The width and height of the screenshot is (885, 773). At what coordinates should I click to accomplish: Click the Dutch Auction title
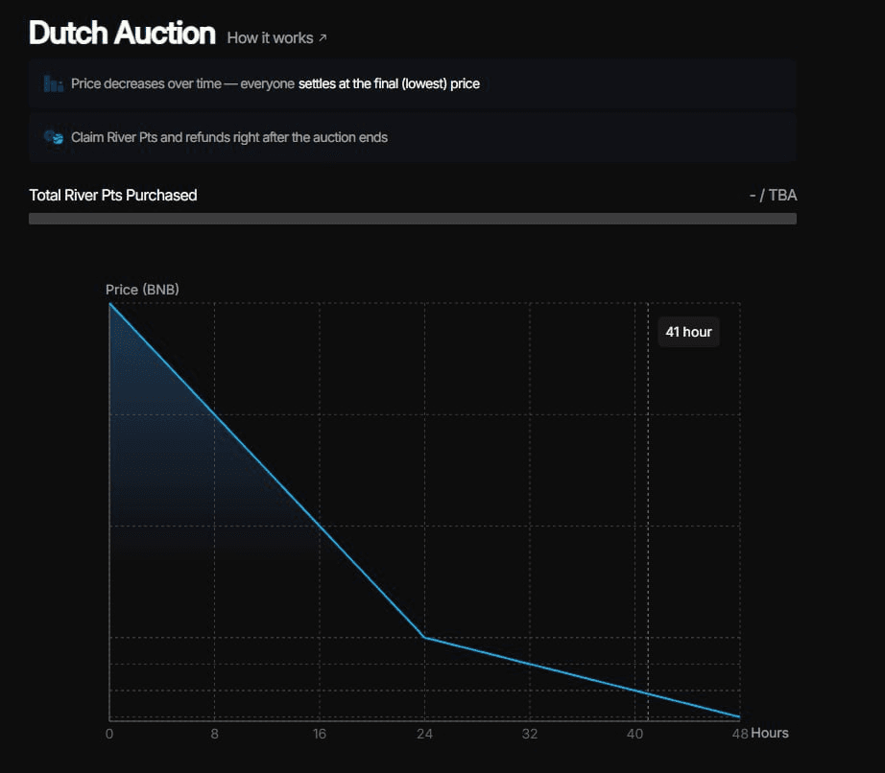click(122, 34)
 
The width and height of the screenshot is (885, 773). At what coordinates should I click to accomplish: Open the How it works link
click(270, 37)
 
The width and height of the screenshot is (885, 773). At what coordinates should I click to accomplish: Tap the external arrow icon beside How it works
click(323, 37)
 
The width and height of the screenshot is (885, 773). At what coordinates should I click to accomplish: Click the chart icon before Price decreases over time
click(53, 84)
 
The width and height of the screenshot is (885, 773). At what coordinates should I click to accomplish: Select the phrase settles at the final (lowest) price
click(389, 83)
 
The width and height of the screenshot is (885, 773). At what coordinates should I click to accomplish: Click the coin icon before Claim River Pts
click(53, 137)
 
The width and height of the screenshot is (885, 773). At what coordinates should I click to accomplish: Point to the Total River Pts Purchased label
click(113, 195)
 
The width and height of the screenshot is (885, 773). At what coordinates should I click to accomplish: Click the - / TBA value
click(773, 195)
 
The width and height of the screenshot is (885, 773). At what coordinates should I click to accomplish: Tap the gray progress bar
click(413, 219)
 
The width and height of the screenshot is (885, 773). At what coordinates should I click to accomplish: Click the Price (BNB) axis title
click(142, 289)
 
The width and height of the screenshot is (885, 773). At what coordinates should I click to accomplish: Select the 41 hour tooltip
click(688, 332)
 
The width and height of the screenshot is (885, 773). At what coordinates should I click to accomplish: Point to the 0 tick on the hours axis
click(109, 734)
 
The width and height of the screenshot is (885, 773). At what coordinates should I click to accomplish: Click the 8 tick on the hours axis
click(214, 734)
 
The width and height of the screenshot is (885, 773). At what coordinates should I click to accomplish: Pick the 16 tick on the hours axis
click(320, 734)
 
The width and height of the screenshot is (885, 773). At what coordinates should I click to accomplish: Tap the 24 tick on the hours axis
click(424, 734)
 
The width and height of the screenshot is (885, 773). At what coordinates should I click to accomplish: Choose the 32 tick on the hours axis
click(529, 734)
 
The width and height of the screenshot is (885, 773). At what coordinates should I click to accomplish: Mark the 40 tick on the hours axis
click(634, 734)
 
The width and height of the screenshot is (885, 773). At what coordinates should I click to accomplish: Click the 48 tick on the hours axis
click(739, 734)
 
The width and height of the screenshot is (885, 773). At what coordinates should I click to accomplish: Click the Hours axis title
click(770, 733)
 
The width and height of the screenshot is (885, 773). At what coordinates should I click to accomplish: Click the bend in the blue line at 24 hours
click(424, 637)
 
